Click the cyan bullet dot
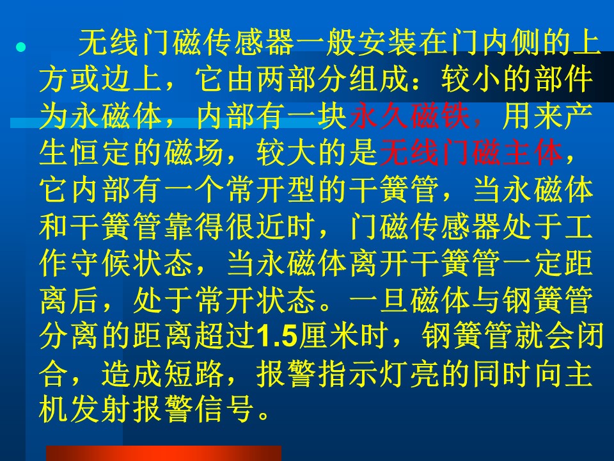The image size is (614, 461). (x=20, y=48)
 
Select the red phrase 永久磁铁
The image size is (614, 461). (x=409, y=117)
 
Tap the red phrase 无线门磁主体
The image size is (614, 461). (x=471, y=153)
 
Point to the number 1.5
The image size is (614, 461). (x=277, y=336)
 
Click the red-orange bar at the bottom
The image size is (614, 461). (x=164, y=453)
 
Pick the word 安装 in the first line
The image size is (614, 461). (x=388, y=42)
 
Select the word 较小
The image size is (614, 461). (x=471, y=79)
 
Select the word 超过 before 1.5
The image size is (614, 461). (x=226, y=336)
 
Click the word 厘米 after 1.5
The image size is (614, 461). (x=328, y=336)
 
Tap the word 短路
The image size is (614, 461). (x=193, y=373)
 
